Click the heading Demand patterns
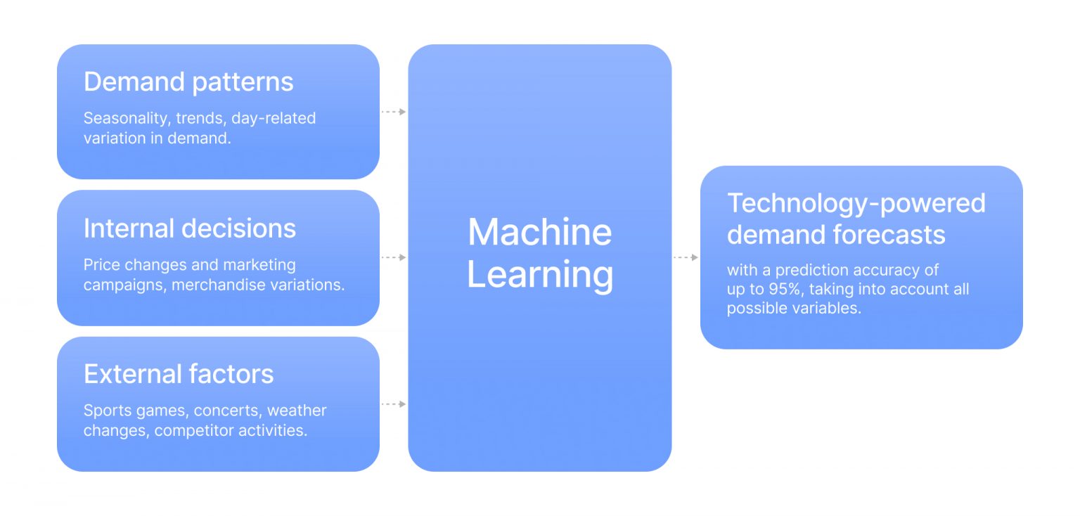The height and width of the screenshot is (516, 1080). click(x=188, y=82)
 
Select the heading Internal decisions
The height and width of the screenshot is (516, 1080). click(x=190, y=228)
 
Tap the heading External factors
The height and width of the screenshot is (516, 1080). click(x=179, y=374)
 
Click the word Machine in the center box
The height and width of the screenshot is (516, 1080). click(x=540, y=232)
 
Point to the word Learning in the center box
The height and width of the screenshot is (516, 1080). click(x=540, y=274)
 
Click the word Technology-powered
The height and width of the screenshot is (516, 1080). click(x=856, y=203)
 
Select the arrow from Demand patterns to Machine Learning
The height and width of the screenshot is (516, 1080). click(x=394, y=112)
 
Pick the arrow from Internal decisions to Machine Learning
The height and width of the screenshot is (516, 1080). click(x=394, y=257)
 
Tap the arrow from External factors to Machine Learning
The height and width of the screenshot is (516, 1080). click(x=394, y=404)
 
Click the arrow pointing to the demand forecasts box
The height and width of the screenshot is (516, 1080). click(x=686, y=257)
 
